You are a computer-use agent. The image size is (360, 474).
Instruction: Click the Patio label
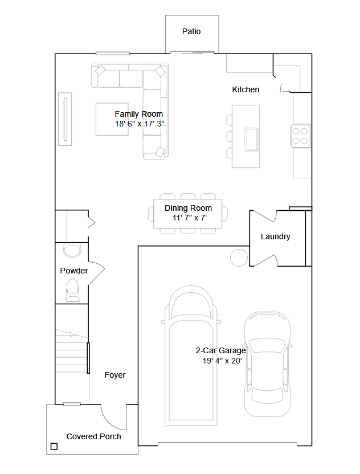tap(191, 31)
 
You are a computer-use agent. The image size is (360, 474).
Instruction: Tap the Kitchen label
tap(246, 89)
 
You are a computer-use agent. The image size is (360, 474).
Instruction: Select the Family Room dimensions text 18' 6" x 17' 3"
tap(140, 124)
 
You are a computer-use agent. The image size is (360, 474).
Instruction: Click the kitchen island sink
tap(251, 140)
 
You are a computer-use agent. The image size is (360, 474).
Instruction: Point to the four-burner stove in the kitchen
tap(300, 136)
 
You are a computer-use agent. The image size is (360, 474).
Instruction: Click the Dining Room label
tap(188, 208)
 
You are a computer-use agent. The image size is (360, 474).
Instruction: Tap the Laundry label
tap(275, 236)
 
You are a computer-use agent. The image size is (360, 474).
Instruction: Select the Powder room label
tap(73, 271)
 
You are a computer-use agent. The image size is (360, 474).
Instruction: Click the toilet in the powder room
tap(72, 290)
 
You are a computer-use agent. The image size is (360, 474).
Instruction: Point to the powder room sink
tap(72, 251)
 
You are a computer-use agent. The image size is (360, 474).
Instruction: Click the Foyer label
tap(115, 375)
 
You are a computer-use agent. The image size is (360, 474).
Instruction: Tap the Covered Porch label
tap(94, 436)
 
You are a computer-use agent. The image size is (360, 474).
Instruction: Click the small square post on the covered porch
tap(54, 447)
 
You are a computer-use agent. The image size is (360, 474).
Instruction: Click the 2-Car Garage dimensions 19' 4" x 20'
tap(222, 361)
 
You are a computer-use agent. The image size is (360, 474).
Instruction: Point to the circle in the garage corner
tap(239, 258)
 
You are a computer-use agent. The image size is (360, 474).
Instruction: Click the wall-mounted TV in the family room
tap(65, 119)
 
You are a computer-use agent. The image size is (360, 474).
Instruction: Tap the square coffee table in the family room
tap(112, 119)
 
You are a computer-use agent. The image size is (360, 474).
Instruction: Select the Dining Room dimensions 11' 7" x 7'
tap(190, 218)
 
